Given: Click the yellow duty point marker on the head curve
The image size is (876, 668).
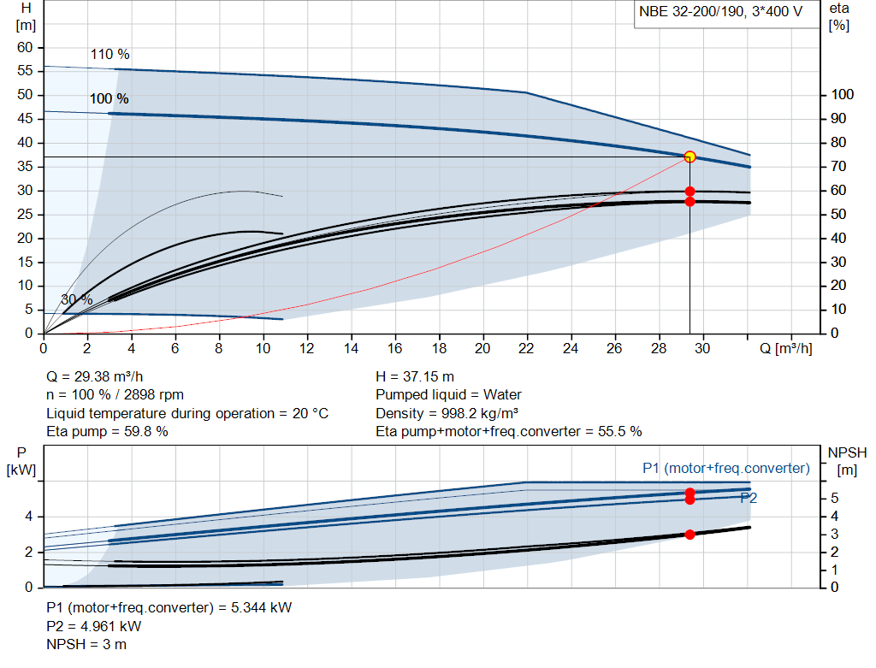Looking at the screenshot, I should (690, 157).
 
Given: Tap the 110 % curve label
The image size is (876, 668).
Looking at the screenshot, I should (109, 55).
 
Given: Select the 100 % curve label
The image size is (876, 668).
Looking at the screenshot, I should (109, 99).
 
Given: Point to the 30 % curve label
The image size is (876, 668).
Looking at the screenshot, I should (76, 299).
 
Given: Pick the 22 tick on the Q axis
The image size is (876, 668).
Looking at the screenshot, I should (526, 349).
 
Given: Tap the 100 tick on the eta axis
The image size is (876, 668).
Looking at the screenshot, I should (843, 95).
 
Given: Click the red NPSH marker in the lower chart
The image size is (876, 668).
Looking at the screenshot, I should (690, 535).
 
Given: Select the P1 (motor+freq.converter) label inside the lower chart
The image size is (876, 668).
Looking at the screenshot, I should (725, 468).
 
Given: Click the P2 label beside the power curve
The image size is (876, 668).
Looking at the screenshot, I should (749, 497).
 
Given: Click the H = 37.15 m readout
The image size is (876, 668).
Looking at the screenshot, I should (415, 376).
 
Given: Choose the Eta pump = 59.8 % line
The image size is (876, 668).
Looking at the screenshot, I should (107, 432).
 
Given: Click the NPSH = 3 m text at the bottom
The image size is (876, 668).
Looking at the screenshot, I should (86, 644).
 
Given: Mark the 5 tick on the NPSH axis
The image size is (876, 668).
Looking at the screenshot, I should (833, 498).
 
